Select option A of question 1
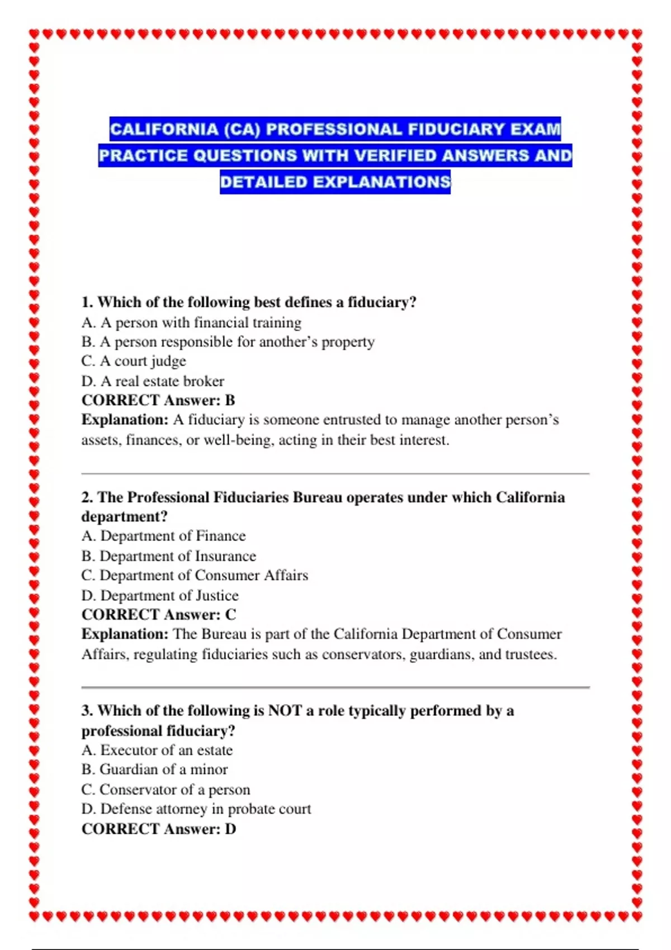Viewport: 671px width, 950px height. click(191, 322)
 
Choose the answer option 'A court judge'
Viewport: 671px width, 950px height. click(134, 361)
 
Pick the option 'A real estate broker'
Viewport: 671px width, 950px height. click(153, 381)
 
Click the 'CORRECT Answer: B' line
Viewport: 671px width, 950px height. click(158, 400)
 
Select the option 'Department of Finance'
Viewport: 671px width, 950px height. click(163, 536)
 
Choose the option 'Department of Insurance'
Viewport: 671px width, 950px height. click(168, 556)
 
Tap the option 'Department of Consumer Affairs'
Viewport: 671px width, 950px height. click(195, 576)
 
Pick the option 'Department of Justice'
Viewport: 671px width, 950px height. click(160, 596)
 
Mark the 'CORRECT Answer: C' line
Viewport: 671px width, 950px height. click(159, 615)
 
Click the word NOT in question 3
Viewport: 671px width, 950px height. click(285, 711)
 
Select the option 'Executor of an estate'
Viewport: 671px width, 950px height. click(157, 750)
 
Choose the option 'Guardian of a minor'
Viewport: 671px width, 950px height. click(154, 769)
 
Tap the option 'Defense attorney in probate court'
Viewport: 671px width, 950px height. click(196, 809)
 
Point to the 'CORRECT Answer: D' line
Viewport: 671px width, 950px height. click(159, 829)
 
